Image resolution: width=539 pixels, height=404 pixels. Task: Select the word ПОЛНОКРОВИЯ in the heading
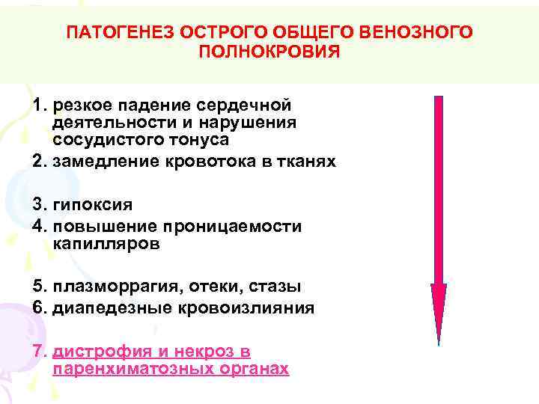(269, 52)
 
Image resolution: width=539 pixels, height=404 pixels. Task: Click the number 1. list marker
(40, 105)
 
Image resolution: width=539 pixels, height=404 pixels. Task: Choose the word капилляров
(106, 243)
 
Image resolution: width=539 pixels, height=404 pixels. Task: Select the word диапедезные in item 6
(105, 307)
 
